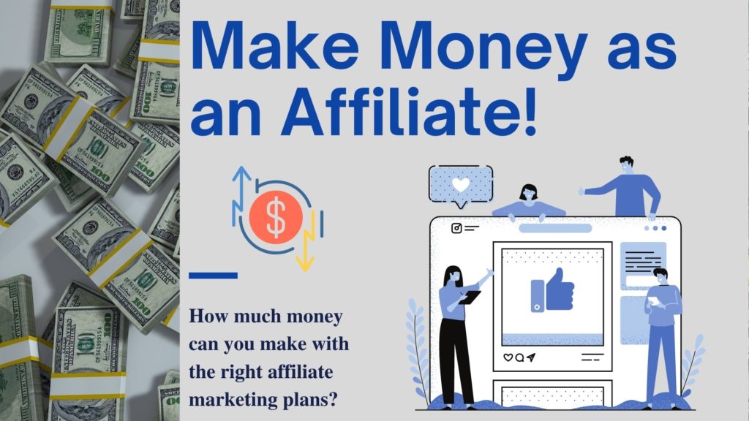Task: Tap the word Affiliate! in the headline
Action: [410, 112]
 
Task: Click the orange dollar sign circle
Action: [276, 217]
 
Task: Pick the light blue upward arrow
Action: [241, 196]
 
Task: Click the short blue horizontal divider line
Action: [213, 276]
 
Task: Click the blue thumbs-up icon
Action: [552, 290]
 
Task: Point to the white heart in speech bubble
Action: [461, 184]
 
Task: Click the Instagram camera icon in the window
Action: [456, 228]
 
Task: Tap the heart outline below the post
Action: [508, 357]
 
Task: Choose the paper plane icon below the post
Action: [531, 357]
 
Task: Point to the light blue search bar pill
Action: [555, 228]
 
